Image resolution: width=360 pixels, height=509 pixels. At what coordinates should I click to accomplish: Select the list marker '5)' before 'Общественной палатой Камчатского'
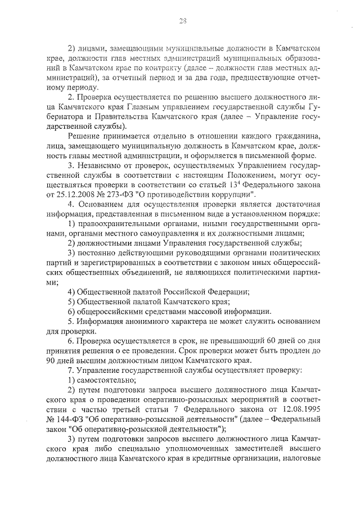pos(71,301)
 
